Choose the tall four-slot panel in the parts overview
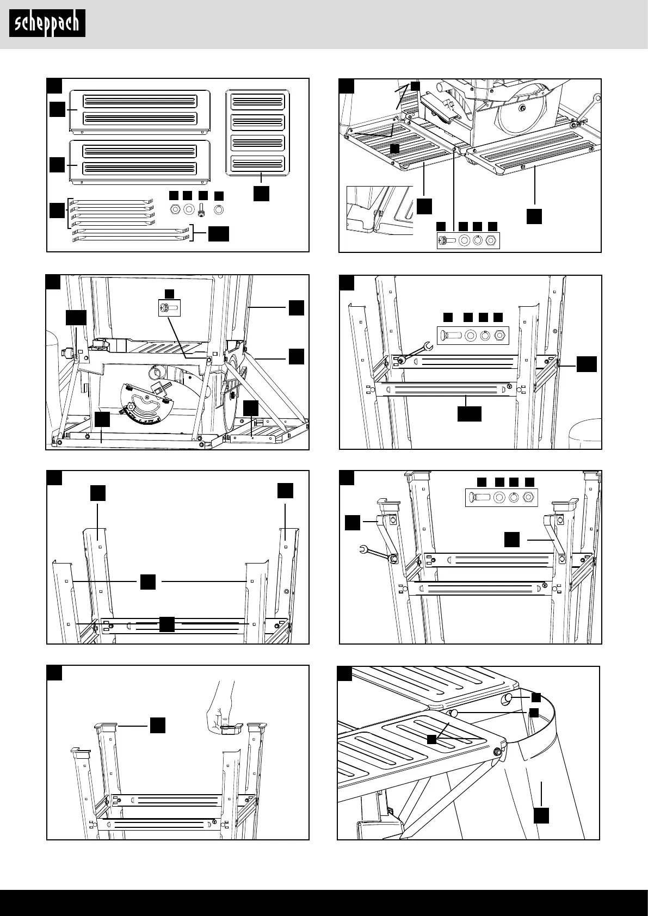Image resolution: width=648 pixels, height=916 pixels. [x=258, y=132]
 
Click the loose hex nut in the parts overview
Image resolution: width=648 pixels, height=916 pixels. [x=176, y=208]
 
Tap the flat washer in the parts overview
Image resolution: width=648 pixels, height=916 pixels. [x=189, y=208]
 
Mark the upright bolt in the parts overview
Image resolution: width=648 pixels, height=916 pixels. [x=203, y=209]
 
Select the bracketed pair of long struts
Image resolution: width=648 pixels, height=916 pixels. [x=130, y=234]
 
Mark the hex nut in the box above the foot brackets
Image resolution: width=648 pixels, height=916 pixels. [x=527, y=497]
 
